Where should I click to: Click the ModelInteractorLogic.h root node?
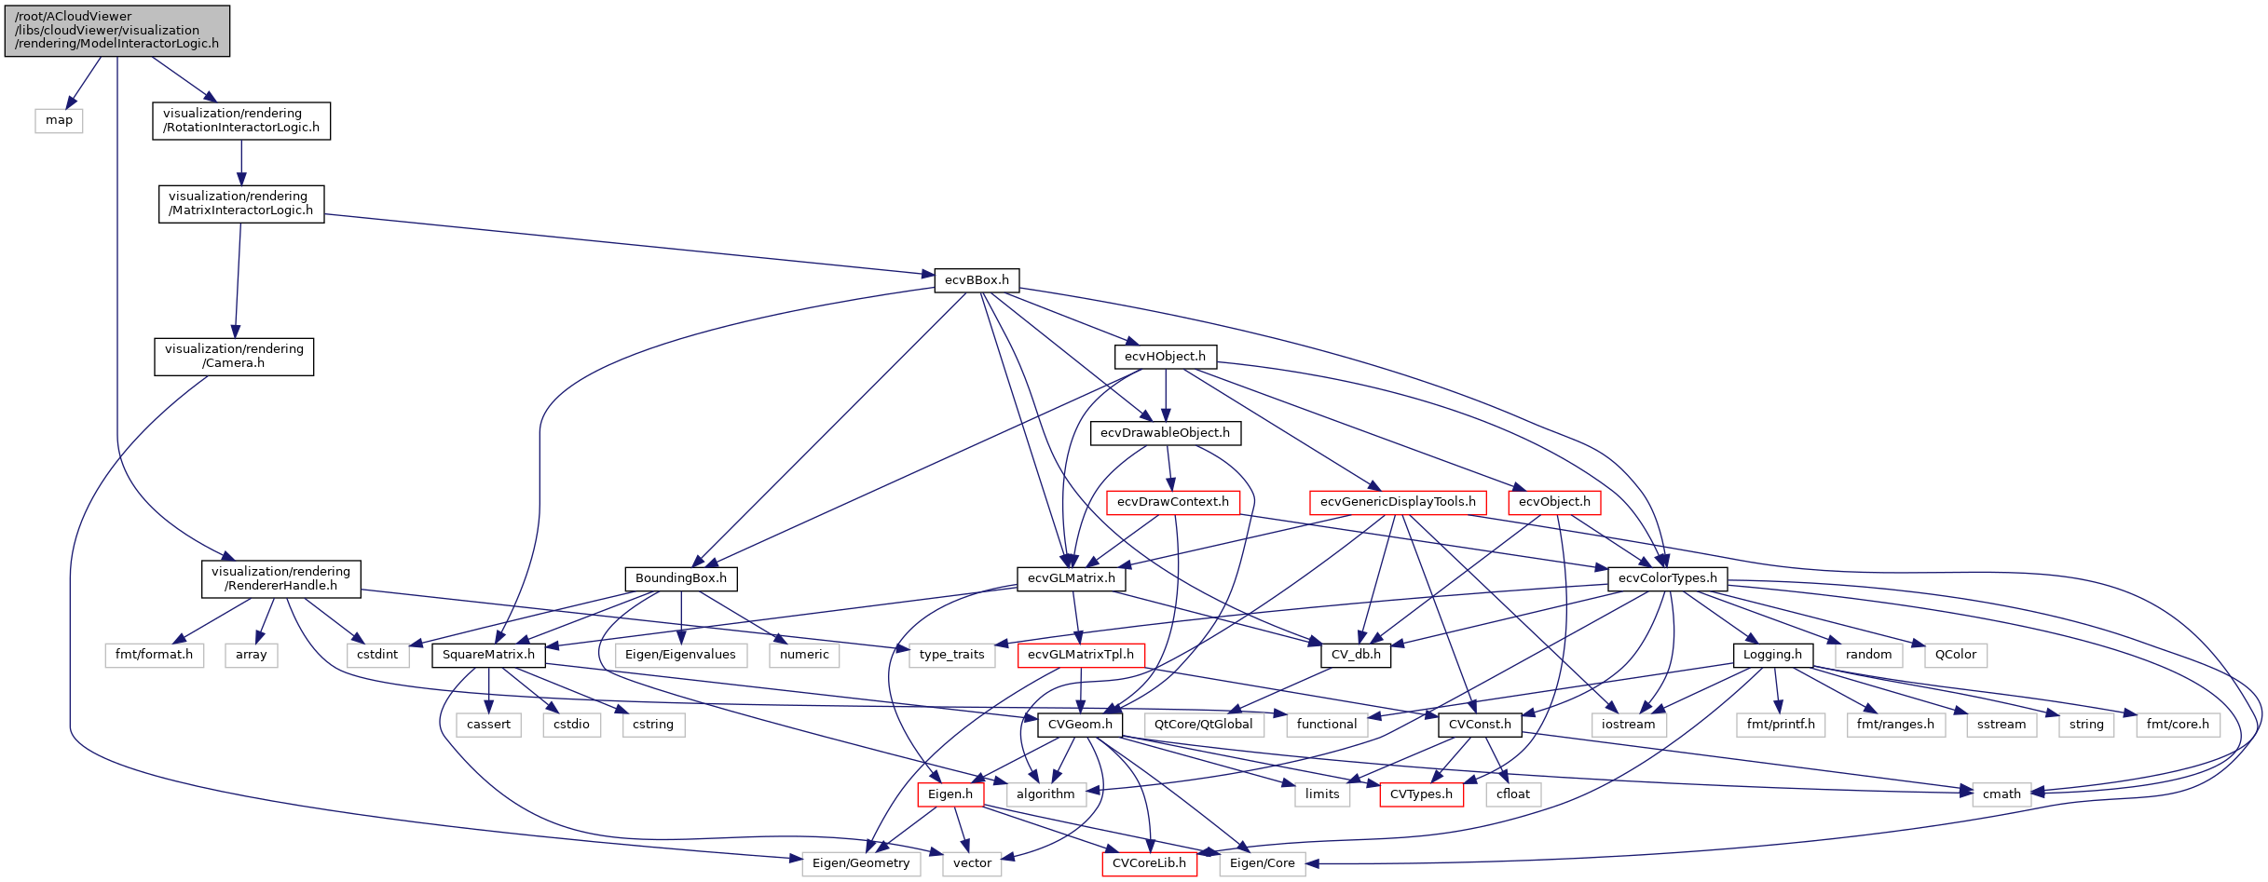117,30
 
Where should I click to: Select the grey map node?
59,120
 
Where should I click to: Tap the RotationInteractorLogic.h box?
241,120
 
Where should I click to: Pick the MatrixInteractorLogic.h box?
241,203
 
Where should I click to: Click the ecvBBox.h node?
977,280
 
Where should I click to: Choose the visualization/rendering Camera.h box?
234,356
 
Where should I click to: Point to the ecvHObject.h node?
1165,357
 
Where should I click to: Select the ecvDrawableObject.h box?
1165,433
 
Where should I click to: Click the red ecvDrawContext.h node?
1172,502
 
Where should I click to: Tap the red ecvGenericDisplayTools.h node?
1398,502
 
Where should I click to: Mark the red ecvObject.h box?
1554,502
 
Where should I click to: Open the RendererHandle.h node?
280,578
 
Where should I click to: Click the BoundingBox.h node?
680,578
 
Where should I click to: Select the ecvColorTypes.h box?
1667,578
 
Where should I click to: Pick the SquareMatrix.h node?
488,655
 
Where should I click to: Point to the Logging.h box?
1772,655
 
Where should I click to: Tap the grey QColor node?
1955,655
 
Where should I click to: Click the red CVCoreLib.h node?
1149,863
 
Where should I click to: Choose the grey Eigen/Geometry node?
861,863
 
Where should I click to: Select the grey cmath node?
2002,794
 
